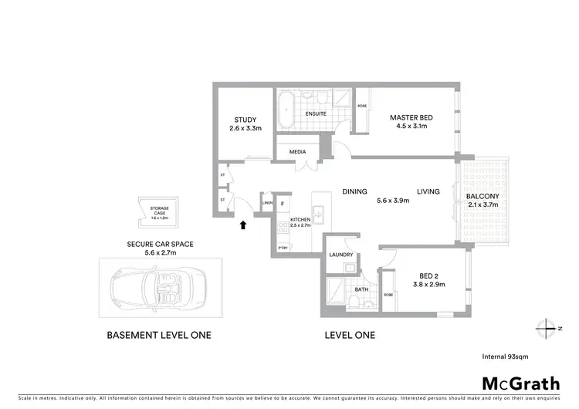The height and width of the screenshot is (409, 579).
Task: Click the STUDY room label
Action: pos(244,120)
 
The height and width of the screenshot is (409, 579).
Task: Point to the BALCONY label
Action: pos(482,196)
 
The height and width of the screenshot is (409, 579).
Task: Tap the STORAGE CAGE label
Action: pos(159,210)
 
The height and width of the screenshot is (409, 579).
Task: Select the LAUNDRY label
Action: pos(340,255)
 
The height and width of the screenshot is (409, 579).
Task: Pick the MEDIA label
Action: pos(298,152)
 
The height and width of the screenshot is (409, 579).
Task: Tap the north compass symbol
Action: pos(547,328)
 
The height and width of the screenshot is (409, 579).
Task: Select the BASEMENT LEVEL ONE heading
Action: pos(158,336)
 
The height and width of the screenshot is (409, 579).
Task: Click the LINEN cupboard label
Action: pos(268,203)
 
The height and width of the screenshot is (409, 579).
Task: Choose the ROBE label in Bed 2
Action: pos(388,295)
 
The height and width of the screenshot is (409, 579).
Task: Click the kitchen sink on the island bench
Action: pos(318,211)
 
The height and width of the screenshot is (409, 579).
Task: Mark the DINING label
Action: pos(354,191)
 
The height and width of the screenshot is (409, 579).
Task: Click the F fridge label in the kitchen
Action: pos(283,204)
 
